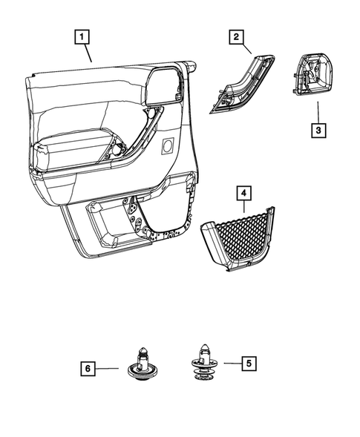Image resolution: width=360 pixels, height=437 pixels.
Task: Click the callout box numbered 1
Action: (82, 35)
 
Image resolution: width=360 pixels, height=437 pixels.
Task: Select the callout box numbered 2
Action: (236, 36)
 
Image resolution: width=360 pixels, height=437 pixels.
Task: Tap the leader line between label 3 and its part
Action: (317, 112)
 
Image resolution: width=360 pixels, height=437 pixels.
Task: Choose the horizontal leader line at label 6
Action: (108, 367)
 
